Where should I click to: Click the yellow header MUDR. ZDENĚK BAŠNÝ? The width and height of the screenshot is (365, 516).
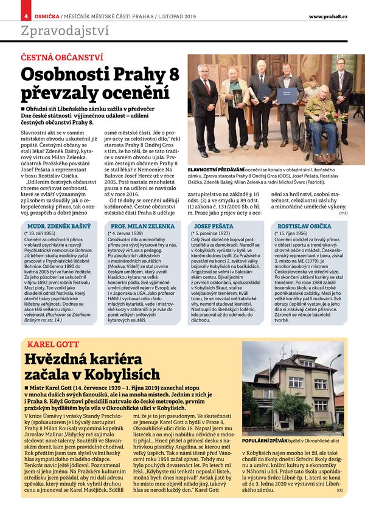(x=57, y=225)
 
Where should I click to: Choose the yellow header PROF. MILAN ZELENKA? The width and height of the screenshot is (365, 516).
(x=141, y=225)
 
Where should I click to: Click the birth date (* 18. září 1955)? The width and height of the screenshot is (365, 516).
(x=41, y=233)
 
